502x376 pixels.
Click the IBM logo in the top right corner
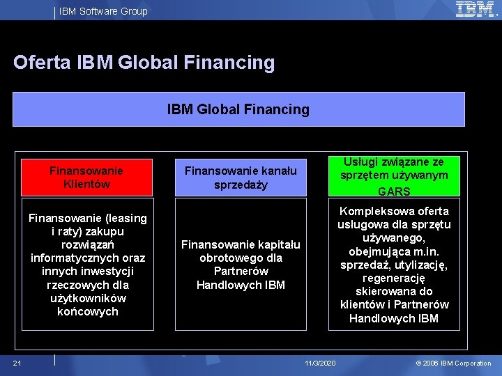click(476, 9)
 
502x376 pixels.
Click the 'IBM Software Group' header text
click(103, 11)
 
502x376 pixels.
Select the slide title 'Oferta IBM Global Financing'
click(144, 63)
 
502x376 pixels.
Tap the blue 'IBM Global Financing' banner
click(238, 109)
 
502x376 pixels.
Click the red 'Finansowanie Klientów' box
click(86, 177)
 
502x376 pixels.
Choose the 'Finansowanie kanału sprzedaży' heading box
click(241, 178)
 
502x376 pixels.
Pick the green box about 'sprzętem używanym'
click(394, 175)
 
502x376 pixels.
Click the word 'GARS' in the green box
click(394, 191)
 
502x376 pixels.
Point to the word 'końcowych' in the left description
click(88, 311)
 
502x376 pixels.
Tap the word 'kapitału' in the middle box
click(279, 244)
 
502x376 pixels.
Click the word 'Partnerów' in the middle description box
click(241, 271)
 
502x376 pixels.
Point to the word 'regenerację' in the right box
click(394, 278)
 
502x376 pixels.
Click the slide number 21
click(17, 363)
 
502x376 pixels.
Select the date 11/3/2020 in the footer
click(321, 363)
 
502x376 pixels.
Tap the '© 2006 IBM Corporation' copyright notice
click(453, 363)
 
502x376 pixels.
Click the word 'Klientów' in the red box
click(86, 184)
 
